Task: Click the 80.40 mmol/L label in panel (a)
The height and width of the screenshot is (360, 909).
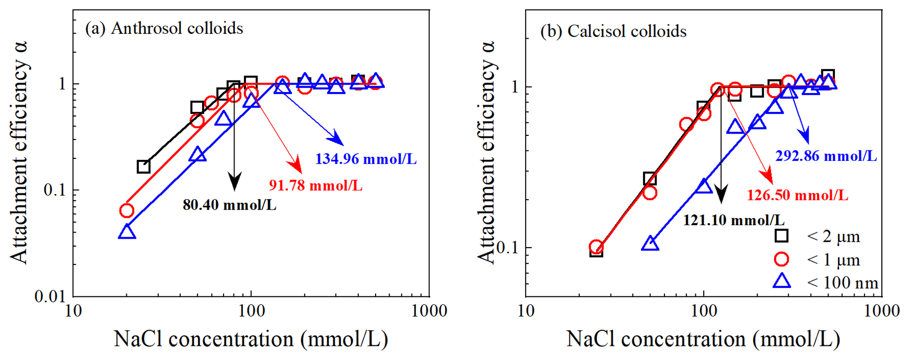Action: (x=229, y=205)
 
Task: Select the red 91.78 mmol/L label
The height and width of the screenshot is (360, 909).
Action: (x=316, y=185)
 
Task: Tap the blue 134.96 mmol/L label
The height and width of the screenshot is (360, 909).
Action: (x=366, y=159)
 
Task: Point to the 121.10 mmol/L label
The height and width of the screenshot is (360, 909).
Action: (x=733, y=220)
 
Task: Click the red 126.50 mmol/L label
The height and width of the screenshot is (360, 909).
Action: (x=797, y=195)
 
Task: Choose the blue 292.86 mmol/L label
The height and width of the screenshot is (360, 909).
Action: (x=826, y=156)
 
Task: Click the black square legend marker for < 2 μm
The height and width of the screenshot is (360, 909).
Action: (x=781, y=236)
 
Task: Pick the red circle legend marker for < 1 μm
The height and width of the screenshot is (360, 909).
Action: (x=781, y=259)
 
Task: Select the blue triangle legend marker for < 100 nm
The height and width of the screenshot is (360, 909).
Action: (x=782, y=282)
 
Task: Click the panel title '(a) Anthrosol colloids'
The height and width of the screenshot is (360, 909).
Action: (x=164, y=28)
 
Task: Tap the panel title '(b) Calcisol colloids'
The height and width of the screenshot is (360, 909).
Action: (x=613, y=31)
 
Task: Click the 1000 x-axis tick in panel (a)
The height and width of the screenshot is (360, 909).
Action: (x=428, y=311)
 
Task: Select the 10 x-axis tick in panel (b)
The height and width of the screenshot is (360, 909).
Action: (x=526, y=311)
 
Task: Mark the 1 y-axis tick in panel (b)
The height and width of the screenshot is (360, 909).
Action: (x=514, y=87)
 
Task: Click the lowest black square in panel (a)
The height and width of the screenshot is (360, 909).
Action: (x=144, y=167)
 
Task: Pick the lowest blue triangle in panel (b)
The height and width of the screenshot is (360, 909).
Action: (x=650, y=243)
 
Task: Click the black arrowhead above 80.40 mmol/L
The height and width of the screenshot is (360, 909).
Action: (x=235, y=183)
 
